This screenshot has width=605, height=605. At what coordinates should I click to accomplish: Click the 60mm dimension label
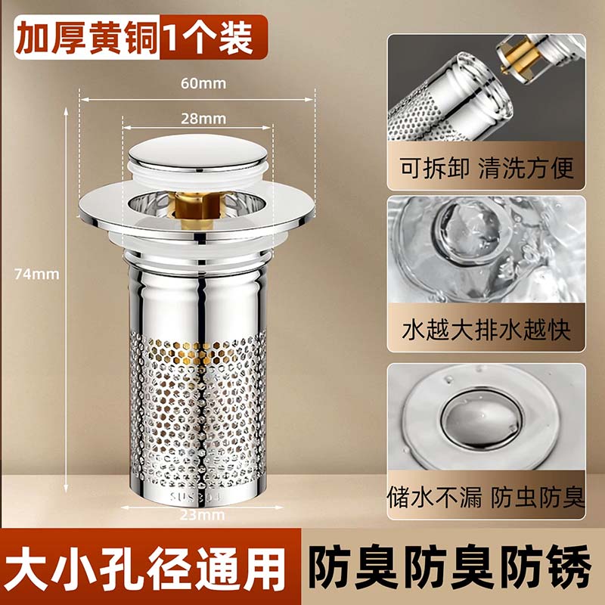(x=203, y=83)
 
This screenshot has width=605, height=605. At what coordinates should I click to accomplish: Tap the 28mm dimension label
(x=203, y=119)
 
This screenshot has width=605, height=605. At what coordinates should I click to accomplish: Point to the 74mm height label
(x=37, y=274)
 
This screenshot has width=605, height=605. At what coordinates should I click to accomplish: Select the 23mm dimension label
(x=202, y=515)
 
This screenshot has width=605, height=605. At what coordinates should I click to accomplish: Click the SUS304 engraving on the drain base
(x=197, y=496)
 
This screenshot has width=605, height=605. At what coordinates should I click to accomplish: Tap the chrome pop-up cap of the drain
(x=197, y=153)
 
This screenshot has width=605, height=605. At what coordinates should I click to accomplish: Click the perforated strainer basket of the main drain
(x=198, y=409)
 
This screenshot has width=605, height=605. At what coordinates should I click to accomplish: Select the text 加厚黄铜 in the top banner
(x=87, y=38)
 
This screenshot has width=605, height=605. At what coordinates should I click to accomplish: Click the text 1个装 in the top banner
(x=209, y=38)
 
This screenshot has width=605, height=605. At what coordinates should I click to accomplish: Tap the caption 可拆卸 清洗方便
(x=486, y=168)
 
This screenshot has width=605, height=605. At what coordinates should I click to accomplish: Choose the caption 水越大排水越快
(x=486, y=330)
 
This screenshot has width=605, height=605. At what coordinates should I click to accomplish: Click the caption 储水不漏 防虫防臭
(x=486, y=497)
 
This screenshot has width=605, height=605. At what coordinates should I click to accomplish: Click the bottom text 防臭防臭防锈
(x=450, y=567)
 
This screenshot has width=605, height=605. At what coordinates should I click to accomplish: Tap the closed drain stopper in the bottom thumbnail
(x=482, y=420)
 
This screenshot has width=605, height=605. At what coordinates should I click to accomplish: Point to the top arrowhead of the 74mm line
(x=66, y=111)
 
